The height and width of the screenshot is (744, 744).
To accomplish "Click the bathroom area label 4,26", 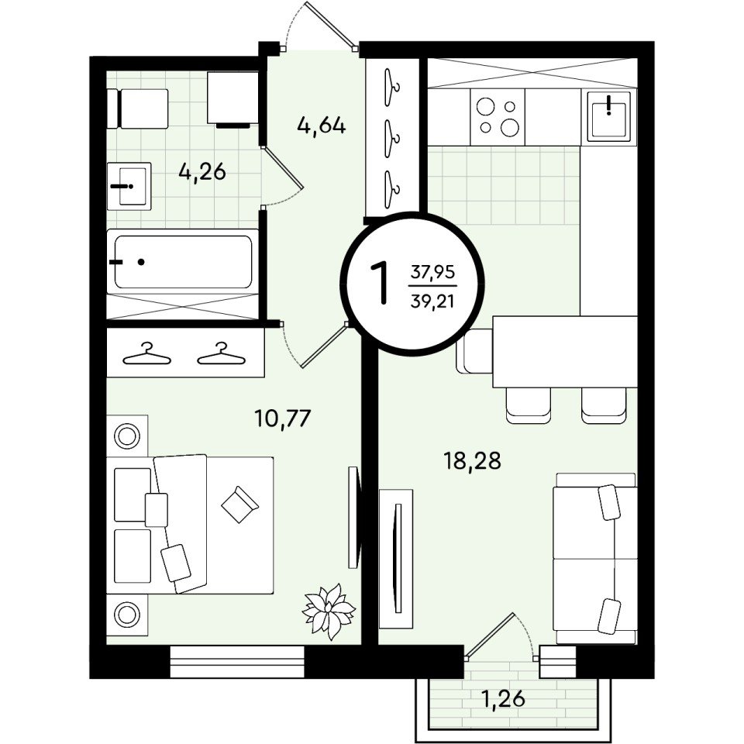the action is [x=202, y=172].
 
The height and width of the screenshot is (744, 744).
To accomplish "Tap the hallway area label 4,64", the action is [x=321, y=126].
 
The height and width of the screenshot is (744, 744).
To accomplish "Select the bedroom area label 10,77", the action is [x=282, y=418].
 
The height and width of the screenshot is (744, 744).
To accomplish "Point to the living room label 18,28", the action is [x=472, y=460].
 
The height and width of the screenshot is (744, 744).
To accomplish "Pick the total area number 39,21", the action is [x=432, y=301].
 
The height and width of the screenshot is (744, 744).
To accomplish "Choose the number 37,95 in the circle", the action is [x=432, y=272].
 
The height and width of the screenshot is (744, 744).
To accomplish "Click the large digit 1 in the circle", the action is [x=380, y=284].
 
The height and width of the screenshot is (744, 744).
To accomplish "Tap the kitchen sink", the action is [x=609, y=116].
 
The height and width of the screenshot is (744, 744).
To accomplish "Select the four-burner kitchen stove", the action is [x=498, y=117].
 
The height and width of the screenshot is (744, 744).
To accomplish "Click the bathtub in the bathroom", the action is [x=183, y=261].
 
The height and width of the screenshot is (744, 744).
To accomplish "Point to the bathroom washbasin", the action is [x=129, y=186].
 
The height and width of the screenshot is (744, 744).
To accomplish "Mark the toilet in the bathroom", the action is [x=138, y=108].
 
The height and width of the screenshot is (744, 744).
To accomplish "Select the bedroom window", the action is [x=237, y=661].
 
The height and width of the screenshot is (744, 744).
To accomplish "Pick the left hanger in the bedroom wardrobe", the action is [x=146, y=354].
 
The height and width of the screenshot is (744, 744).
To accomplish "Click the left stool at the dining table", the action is [x=529, y=405].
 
